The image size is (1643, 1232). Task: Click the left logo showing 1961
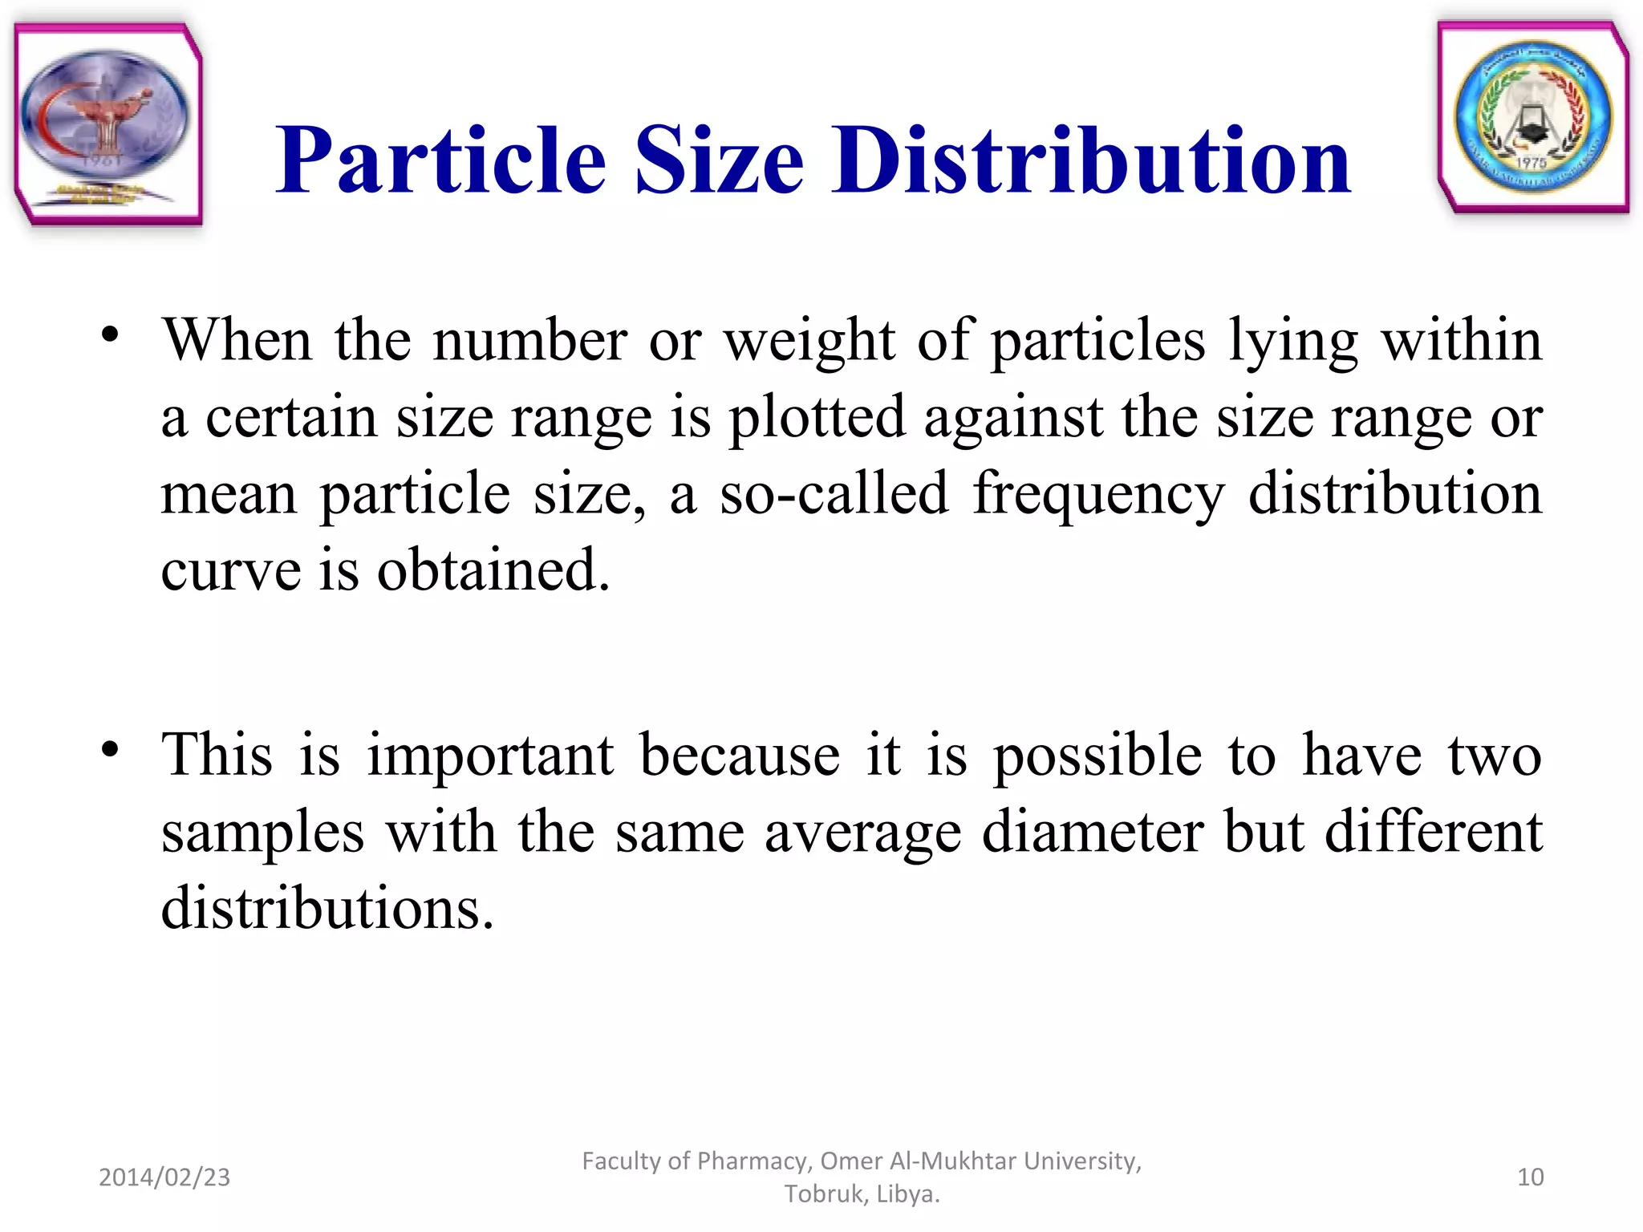click(x=108, y=124)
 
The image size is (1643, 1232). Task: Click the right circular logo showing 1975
click(x=1533, y=117)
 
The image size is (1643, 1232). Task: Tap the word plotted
click(x=816, y=419)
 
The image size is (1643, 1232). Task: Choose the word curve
click(x=231, y=570)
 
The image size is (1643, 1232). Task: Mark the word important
click(x=490, y=756)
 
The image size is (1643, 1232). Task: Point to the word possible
click(x=1097, y=756)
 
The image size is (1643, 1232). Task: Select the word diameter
click(x=1092, y=832)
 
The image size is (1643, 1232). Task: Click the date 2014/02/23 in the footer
click(x=164, y=1177)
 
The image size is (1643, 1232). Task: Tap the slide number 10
click(x=1530, y=1177)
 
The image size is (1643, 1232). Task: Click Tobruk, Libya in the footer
click(x=862, y=1194)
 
